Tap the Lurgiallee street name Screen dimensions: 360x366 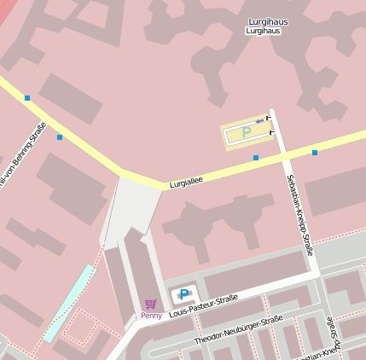[x=186, y=183]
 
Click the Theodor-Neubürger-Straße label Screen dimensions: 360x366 [x=238, y=330]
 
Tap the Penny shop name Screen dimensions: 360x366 [x=151, y=316]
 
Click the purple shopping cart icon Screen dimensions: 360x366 [x=151, y=304]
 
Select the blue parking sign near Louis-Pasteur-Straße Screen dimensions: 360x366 [x=183, y=295]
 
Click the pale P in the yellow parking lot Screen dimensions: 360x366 [x=247, y=132]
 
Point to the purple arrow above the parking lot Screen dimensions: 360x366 [x=259, y=120]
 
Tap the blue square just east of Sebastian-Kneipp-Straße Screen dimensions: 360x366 [x=315, y=153]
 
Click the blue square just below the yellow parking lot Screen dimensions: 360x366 [x=256, y=158]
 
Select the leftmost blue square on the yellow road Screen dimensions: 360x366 [x=27, y=98]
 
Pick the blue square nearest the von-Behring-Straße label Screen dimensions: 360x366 [x=60, y=136]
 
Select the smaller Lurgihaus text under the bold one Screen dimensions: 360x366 [x=263, y=31]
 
